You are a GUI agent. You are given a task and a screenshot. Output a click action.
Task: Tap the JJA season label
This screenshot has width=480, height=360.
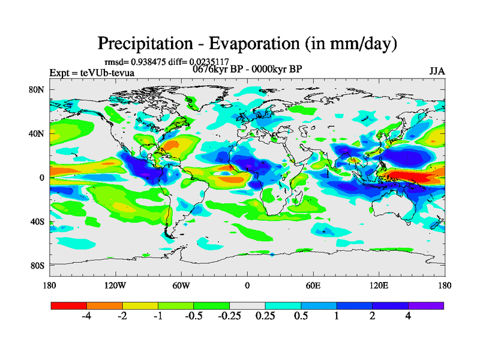[x=437, y=71]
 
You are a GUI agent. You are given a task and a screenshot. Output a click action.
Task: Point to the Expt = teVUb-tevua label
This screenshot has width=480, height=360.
[x=92, y=73]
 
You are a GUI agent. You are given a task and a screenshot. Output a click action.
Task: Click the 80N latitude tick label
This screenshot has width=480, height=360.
[x=38, y=89]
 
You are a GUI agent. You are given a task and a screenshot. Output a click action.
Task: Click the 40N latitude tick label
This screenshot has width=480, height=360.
[x=38, y=133]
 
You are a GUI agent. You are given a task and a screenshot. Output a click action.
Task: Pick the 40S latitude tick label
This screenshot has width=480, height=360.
[x=38, y=221]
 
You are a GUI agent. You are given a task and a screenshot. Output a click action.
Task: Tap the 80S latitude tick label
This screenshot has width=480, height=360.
[x=38, y=265]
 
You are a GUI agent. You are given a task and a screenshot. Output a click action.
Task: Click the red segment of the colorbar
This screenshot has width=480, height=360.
[x=69, y=305]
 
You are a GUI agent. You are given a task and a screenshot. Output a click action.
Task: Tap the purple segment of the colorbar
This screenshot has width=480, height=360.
[x=426, y=305]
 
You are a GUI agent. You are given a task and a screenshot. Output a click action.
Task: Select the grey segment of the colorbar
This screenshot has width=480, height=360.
[x=247, y=305]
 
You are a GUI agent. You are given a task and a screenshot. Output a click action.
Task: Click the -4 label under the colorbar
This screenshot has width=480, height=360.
[x=86, y=316]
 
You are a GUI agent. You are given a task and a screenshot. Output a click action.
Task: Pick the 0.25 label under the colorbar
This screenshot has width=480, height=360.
[x=265, y=316]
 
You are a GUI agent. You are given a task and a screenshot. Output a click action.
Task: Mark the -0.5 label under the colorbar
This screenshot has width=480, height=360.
[x=193, y=316]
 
